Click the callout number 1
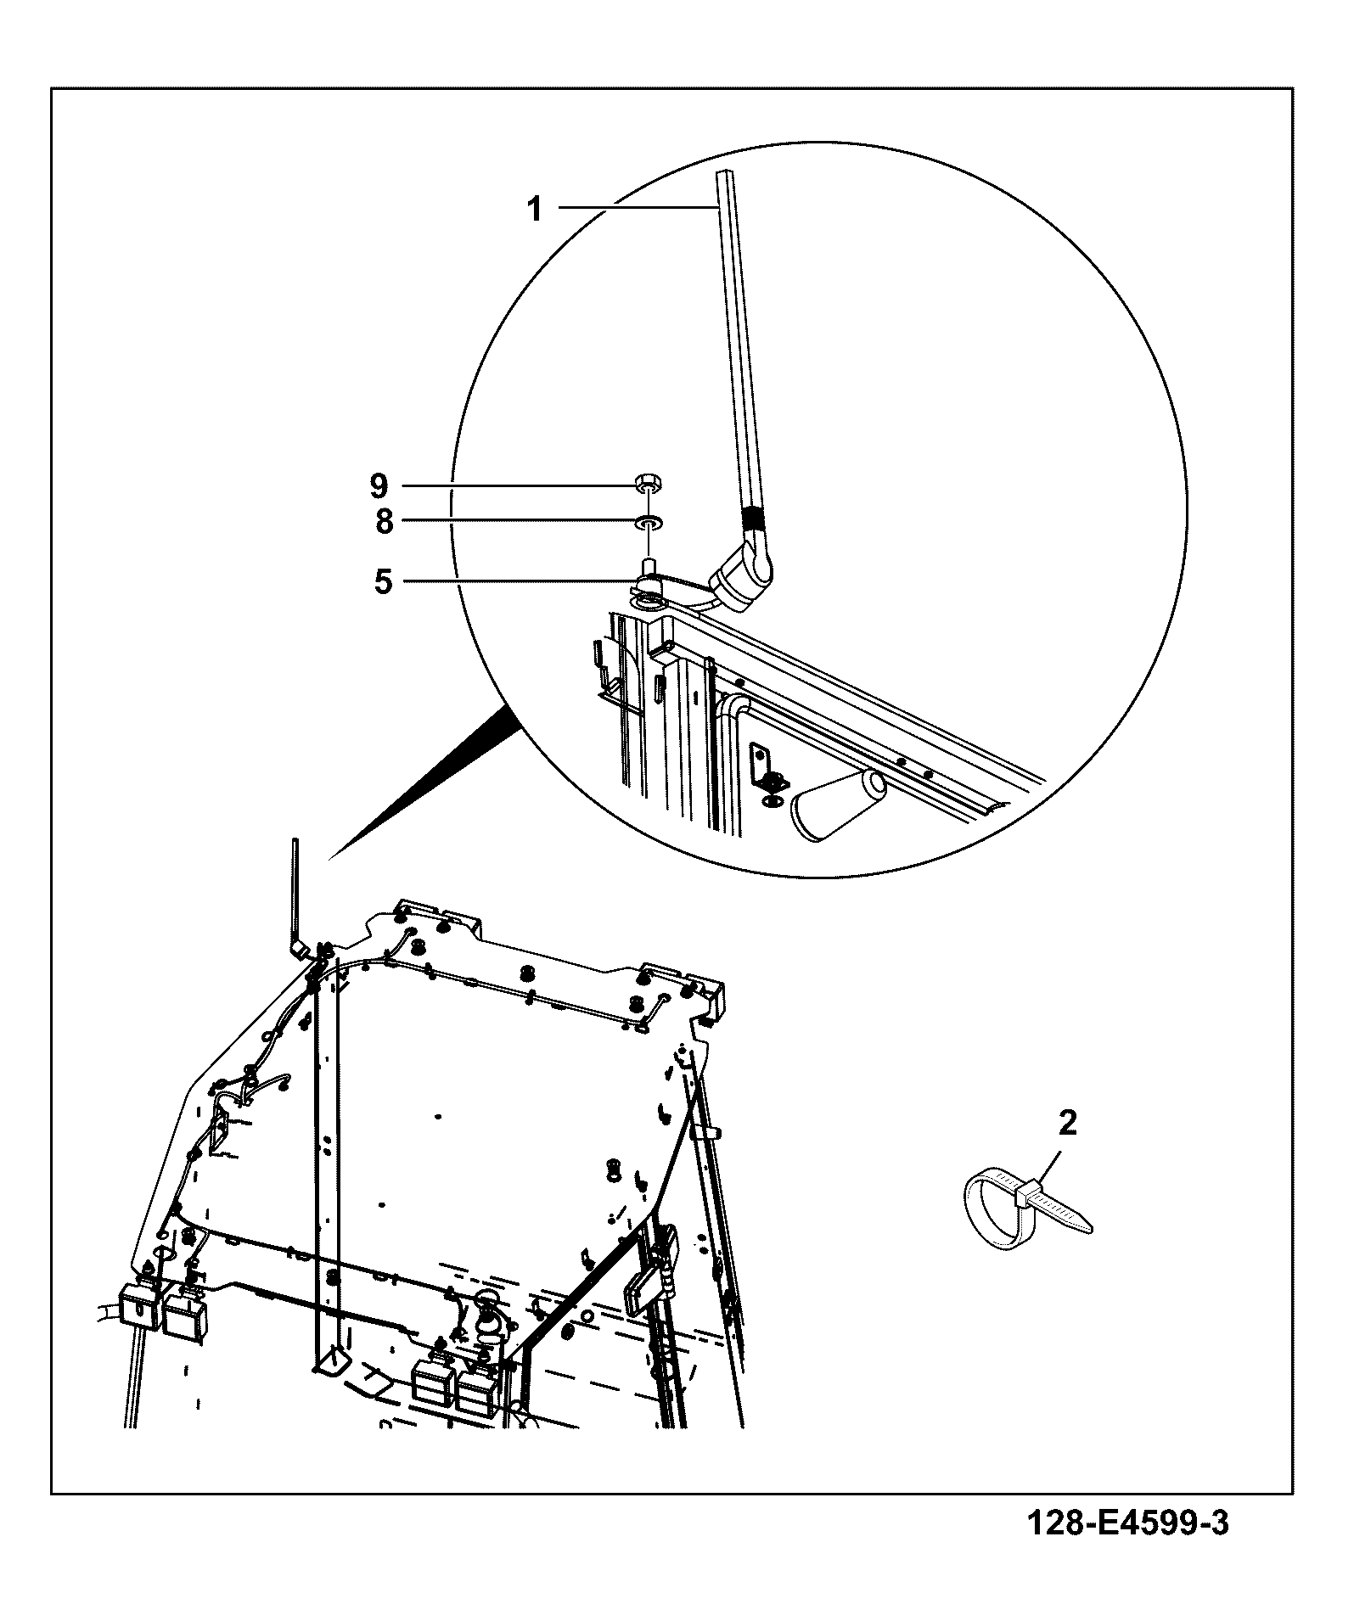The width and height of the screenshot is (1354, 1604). click(535, 208)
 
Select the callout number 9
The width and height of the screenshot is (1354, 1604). click(379, 486)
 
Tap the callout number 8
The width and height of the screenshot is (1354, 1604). click(385, 522)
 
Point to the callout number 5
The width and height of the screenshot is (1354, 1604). click(384, 582)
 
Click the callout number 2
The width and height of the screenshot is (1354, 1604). click(1068, 1124)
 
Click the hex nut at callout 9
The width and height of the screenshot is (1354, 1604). click(649, 485)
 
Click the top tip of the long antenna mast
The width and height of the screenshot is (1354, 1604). click(723, 171)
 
